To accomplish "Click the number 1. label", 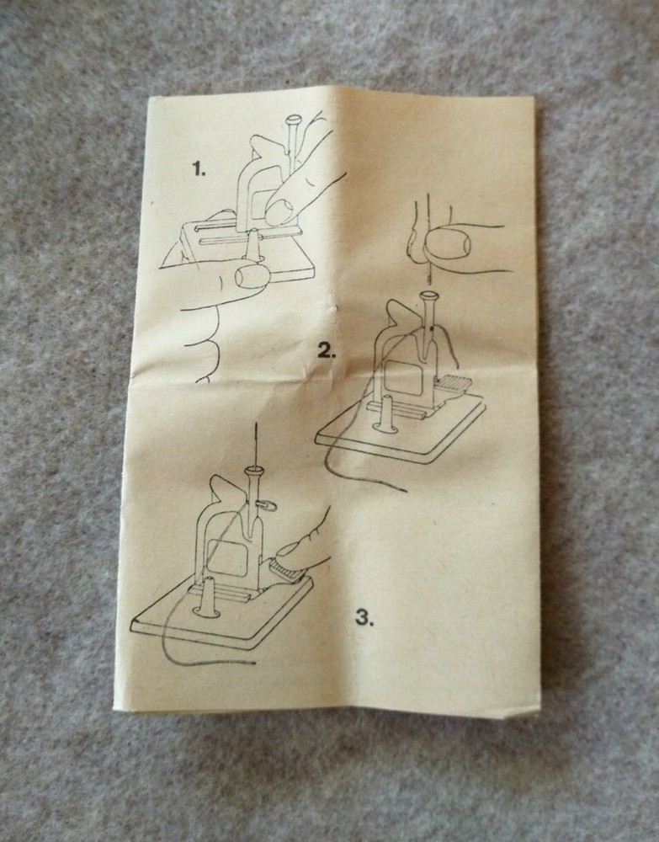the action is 199,170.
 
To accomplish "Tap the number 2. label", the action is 327,351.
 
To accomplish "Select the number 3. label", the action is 364,618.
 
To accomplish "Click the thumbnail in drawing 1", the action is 252,276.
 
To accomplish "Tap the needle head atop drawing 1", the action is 294,120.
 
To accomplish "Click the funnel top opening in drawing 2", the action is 428,295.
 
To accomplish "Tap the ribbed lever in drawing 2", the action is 454,383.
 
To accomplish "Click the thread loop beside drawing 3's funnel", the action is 267,504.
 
